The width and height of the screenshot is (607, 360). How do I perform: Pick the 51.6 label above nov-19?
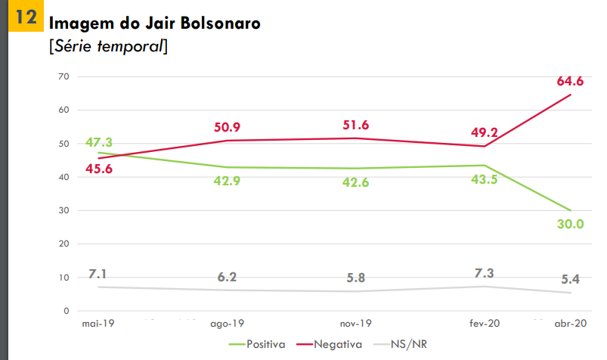tap(355, 125)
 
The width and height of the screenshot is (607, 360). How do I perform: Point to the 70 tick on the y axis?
tap(63, 76)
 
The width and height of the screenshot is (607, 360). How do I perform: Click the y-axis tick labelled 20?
tap(63, 244)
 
